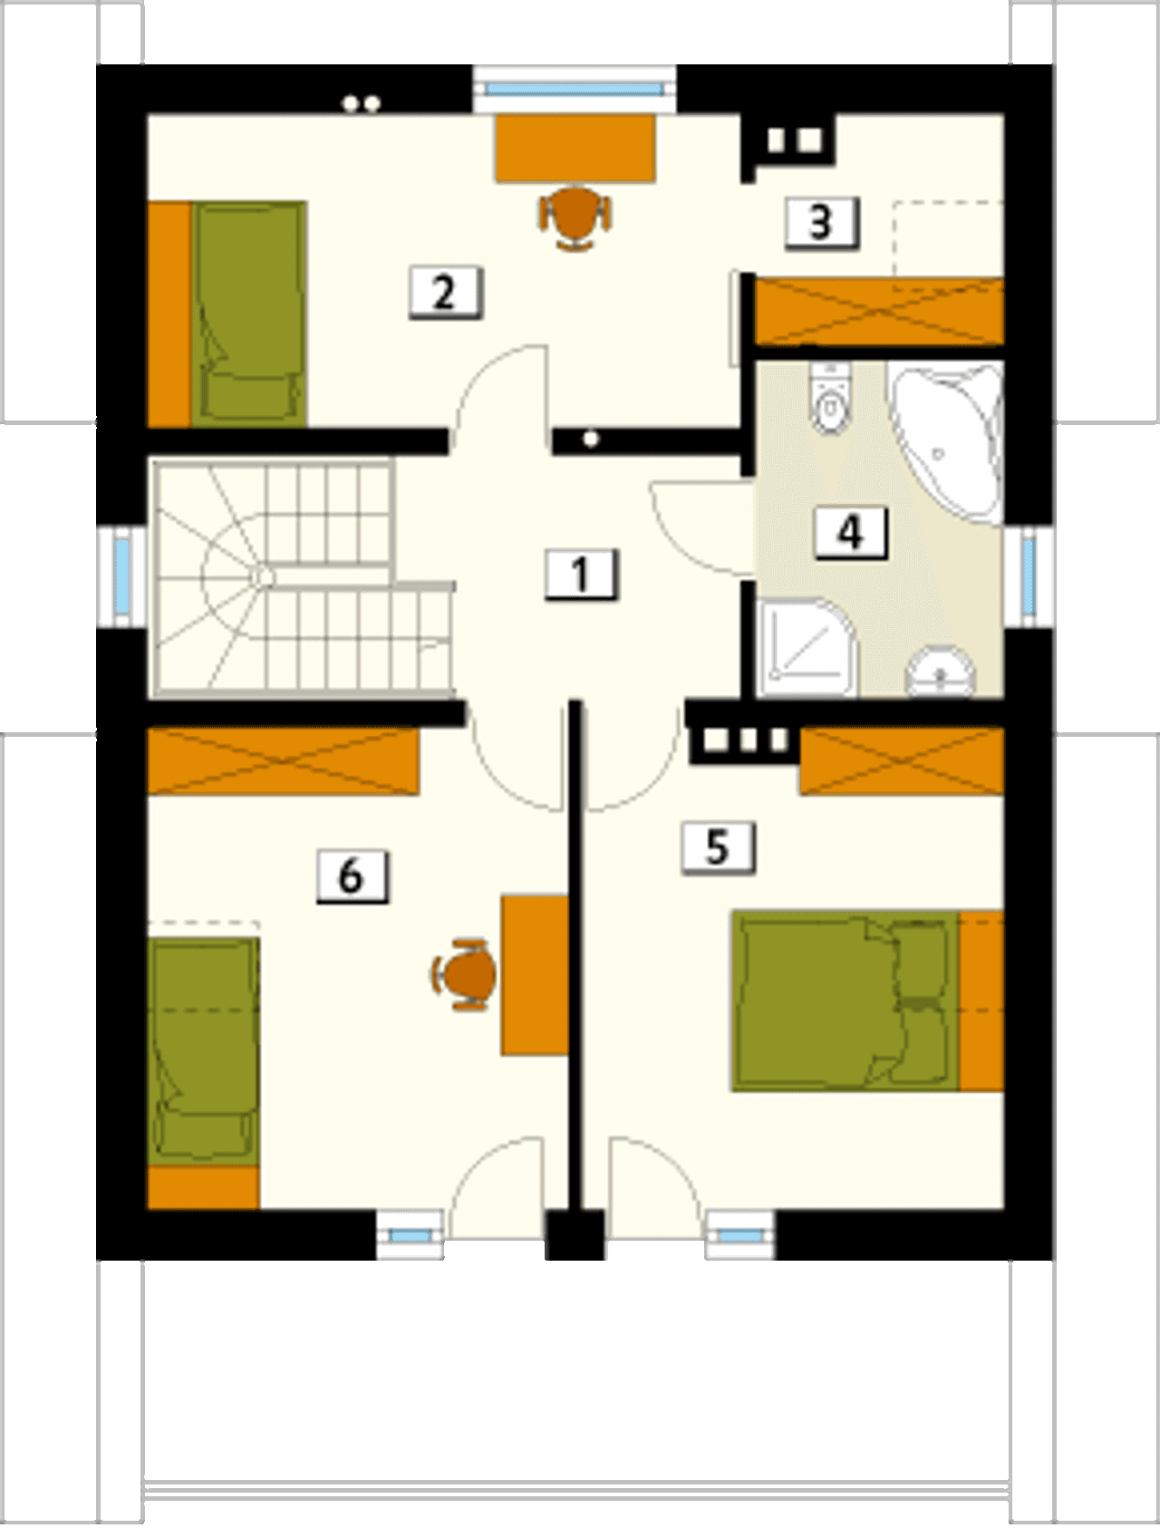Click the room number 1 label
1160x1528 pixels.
pyautogui.click(x=582, y=574)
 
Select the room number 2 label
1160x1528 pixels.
pyautogui.click(x=445, y=292)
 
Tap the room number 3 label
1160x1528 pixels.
pyautogui.click(x=821, y=222)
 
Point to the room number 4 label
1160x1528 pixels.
pyautogui.click(x=850, y=532)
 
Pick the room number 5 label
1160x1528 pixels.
pyautogui.click(x=718, y=848)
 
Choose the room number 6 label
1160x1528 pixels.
pyautogui.click(x=353, y=876)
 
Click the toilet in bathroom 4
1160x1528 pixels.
pyautogui.click(x=830, y=398)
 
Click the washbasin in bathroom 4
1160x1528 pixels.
pyautogui.click(x=942, y=672)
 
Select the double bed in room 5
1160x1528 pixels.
pyautogui.click(x=867, y=1001)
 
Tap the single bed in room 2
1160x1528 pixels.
pyautogui.click(x=227, y=314)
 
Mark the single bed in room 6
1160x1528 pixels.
pyautogui.click(x=204, y=1073)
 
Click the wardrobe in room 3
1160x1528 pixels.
pyautogui.click(x=879, y=312)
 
